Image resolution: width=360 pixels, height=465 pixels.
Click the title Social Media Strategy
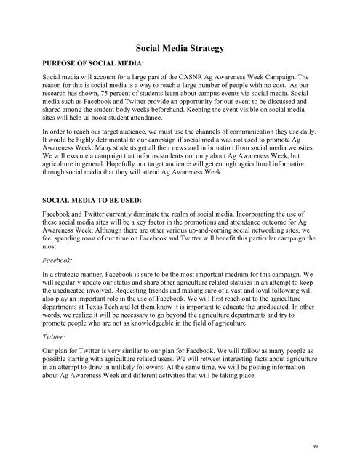(179, 49)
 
